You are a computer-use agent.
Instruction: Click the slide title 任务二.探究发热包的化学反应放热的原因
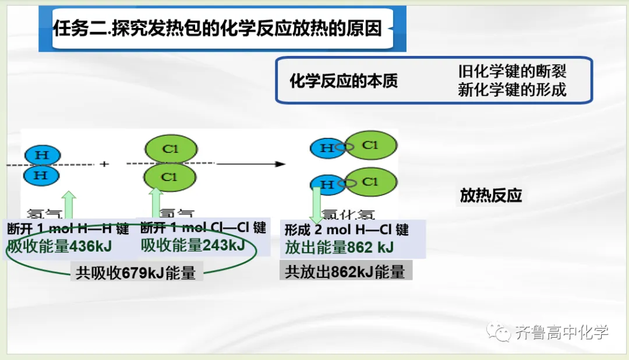tap(217, 28)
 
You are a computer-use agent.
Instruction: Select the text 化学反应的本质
tap(344, 81)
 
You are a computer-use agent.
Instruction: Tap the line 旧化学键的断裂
tap(512, 71)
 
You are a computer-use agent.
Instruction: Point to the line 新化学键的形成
tap(512, 90)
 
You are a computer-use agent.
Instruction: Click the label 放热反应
tap(491, 196)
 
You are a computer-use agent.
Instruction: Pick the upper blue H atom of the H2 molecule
tap(42, 155)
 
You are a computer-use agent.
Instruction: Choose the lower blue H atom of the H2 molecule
tap(42, 175)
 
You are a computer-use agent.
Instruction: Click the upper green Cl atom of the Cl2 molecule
tap(169, 149)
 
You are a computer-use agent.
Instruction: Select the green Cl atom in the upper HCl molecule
tap(370, 146)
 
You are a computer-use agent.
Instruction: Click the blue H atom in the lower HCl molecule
tap(327, 185)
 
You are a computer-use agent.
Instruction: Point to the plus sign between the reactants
tap(104, 164)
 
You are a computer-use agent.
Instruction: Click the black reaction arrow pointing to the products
tap(250, 164)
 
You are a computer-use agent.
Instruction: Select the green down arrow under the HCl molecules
tap(317, 204)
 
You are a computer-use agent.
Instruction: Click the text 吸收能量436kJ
tap(59, 246)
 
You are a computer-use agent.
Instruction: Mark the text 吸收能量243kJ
tap(193, 245)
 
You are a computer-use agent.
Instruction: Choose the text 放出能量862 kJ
tap(339, 248)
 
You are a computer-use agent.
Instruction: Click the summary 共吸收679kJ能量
tap(136, 273)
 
